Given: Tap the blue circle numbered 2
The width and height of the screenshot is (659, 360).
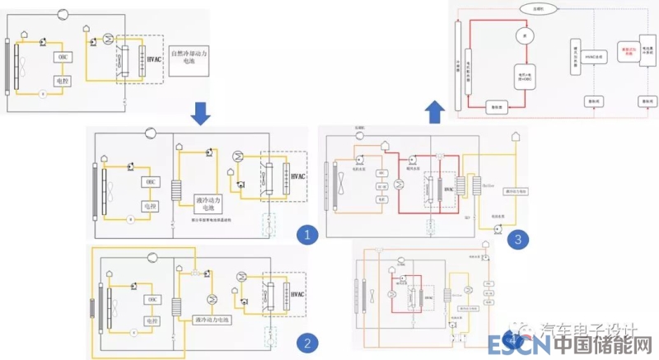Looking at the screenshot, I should [306, 343].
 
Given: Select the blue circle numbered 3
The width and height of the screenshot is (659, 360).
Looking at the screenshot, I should [517, 240].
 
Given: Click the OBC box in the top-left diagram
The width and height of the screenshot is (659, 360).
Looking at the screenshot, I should [63, 57].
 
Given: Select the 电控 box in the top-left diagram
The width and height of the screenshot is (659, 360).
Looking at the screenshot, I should [63, 82].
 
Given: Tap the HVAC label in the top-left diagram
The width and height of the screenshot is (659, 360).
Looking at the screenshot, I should [153, 58].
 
